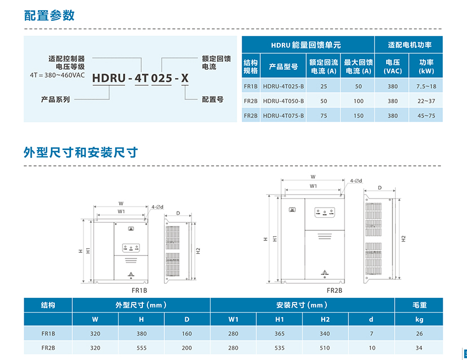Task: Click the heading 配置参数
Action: (49, 15)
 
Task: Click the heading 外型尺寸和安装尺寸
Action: (81, 152)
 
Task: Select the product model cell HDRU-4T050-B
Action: (283, 101)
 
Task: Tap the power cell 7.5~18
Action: (426, 86)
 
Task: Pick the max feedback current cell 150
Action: (358, 116)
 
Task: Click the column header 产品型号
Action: (283, 67)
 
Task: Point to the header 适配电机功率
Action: (409, 45)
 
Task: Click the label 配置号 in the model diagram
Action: (213, 99)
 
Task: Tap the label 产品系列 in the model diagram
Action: (55, 99)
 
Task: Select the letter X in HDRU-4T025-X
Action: (185, 78)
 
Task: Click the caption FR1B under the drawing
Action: (139, 291)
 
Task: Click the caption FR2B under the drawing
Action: (334, 291)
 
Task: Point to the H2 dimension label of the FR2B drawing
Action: (404, 239)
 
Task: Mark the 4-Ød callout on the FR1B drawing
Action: (157, 207)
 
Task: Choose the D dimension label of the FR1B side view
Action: (178, 213)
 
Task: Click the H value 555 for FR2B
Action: (142, 348)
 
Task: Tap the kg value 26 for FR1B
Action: (420, 334)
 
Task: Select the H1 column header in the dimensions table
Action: (280, 319)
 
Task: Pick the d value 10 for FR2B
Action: (372, 348)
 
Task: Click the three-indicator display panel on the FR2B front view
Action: (325, 212)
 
